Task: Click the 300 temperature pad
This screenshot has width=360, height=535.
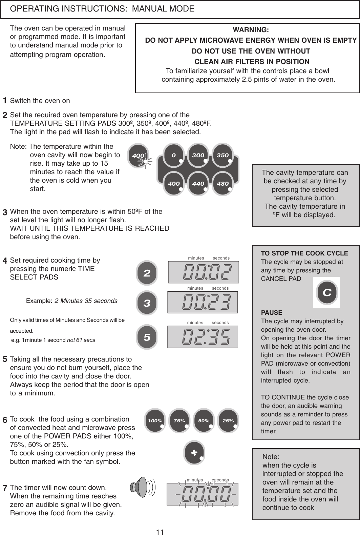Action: (x=198, y=156)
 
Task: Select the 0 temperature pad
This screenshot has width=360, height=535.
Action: (x=174, y=156)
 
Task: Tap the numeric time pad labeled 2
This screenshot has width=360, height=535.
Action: (x=147, y=273)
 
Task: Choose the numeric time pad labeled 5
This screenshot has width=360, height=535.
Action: (x=147, y=337)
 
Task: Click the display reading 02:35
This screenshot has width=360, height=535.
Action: (x=203, y=337)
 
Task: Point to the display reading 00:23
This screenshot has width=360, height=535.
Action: (x=203, y=302)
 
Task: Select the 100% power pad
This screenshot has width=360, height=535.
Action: (x=155, y=421)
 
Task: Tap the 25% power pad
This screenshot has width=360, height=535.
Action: (x=228, y=421)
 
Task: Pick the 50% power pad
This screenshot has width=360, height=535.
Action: (x=204, y=421)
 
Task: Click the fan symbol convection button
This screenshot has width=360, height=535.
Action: (x=194, y=453)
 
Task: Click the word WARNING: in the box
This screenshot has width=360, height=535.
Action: (x=251, y=30)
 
